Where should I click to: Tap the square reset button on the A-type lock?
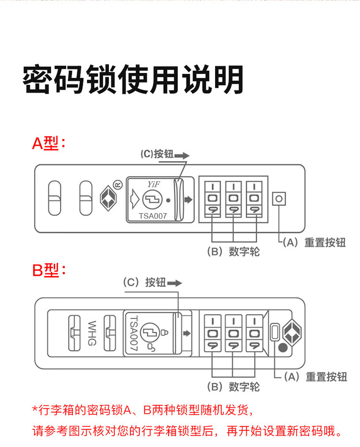pos(279,199)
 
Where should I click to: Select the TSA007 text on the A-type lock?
pos(153,216)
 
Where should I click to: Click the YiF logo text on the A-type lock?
pos(154,184)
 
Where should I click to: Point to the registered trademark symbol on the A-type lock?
pos(118,185)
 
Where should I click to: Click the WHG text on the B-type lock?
pos(92,333)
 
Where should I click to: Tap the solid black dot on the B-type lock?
pos(282,347)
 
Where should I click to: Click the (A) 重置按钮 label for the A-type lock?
pos(314,243)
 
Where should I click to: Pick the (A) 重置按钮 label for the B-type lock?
pos(315,376)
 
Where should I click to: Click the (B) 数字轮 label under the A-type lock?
pos(233,251)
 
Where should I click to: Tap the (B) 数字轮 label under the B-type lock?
pos(233,387)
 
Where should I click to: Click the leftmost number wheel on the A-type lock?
pos(213,199)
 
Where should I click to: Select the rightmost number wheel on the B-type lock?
pos(254,333)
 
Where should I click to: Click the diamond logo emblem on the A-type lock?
pos(108,199)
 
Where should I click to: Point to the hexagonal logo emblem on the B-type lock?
pos(292,333)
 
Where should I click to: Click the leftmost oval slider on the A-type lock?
pos(55,198)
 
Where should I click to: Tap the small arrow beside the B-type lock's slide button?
pos(187,333)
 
